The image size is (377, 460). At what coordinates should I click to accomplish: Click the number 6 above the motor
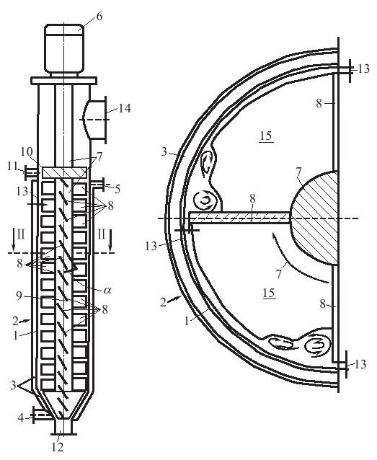(x=99, y=17)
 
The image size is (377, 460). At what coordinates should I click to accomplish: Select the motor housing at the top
(x=64, y=48)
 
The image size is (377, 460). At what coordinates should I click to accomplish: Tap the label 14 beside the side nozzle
(x=125, y=109)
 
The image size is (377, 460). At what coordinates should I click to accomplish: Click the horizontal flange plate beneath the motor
(x=64, y=81)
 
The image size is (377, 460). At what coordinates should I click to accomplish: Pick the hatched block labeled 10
(x=65, y=172)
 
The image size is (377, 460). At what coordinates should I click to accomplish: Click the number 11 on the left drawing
(x=13, y=167)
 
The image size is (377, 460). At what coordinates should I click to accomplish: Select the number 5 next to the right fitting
(x=117, y=190)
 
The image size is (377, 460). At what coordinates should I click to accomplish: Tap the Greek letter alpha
(x=107, y=291)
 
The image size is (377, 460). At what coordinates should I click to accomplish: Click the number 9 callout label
(x=19, y=296)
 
